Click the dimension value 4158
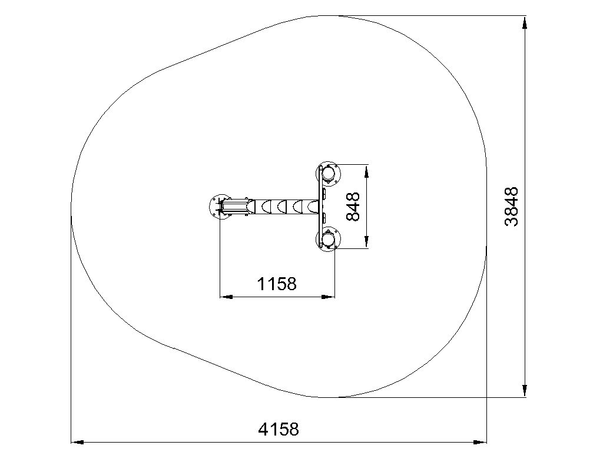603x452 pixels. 278,429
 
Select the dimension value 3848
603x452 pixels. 512,207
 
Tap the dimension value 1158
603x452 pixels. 277,284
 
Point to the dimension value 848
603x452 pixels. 353,207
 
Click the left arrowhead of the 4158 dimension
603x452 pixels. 78,443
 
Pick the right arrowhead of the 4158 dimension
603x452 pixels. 481,443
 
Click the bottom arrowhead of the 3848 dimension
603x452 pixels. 524,391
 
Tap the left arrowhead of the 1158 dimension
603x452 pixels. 226,297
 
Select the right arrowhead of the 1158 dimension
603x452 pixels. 328,297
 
